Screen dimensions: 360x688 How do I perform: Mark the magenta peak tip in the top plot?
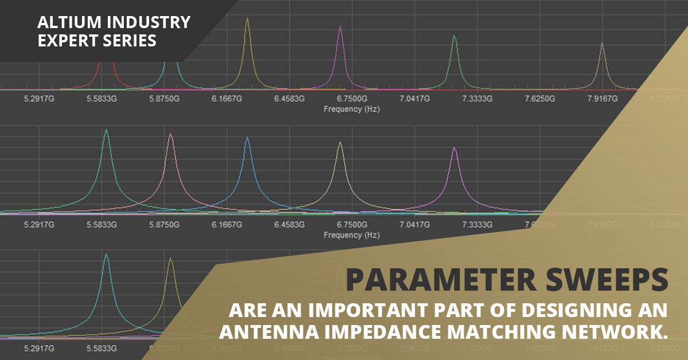pyautogui.click(x=341, y=26)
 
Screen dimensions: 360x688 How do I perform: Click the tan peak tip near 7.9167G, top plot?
pyautogui.click(x=601, y=43)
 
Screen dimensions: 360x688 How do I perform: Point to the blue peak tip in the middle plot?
pyautogui.click(x=247, y=138)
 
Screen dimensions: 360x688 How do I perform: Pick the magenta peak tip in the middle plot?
pyautogui.click(x=454, y=148)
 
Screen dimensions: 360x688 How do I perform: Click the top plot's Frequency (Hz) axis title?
pyautogui.click(x=351, y=108)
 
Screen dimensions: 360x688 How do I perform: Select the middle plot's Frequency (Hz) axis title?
pyautogui.click(x=351, y=234)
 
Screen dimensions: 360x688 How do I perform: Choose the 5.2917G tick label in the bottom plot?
pyautogui.click(x=39, y=348)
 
